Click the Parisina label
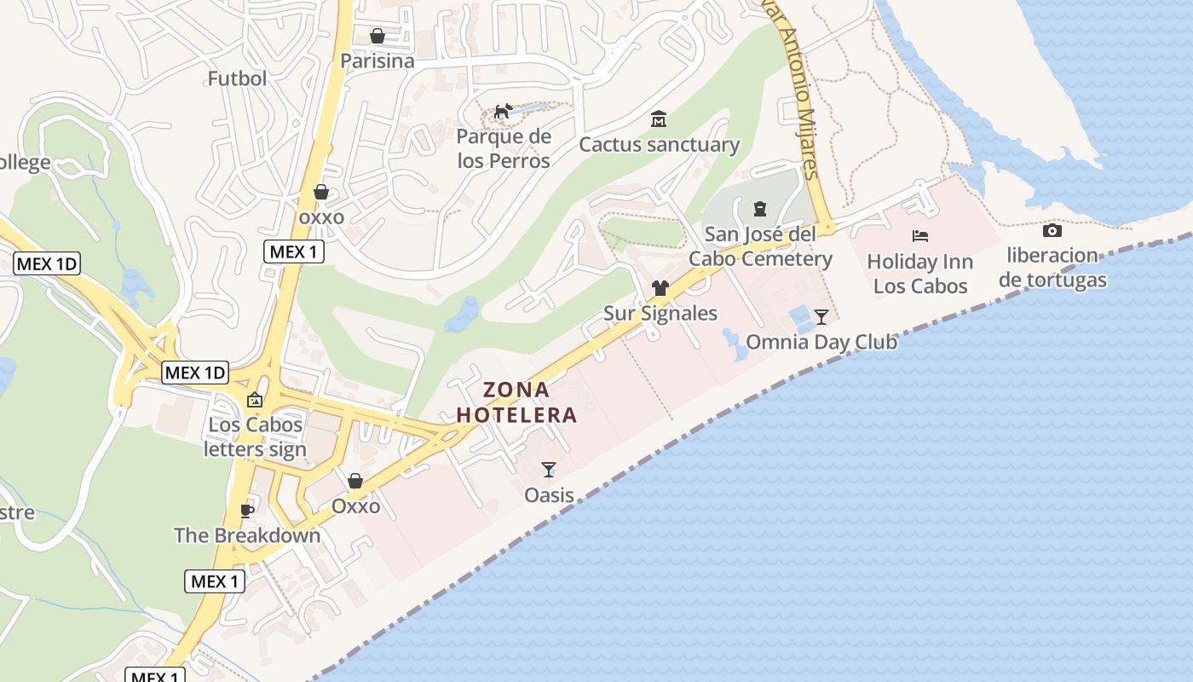click(377, 61)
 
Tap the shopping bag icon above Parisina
click(377, 36)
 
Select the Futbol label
click(237, 78)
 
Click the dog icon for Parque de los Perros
click(504, 112)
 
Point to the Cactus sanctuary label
click(659, 144)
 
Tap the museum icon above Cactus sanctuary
click(659, 118)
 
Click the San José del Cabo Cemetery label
click(760, 246)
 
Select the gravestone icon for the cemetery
click(760, 208)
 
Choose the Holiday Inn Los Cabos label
click(920, 274)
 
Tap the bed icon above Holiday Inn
click(920, 236)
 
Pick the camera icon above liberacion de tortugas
click(1052, 230)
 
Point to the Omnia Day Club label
click(821, 343)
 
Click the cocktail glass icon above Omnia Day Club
click(821, 317)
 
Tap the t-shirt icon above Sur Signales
click(660, 288)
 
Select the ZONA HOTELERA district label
click(517, 402)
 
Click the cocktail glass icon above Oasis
click(549, 470)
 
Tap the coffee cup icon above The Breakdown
click(247, 511)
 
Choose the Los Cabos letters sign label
click(255, 436)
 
